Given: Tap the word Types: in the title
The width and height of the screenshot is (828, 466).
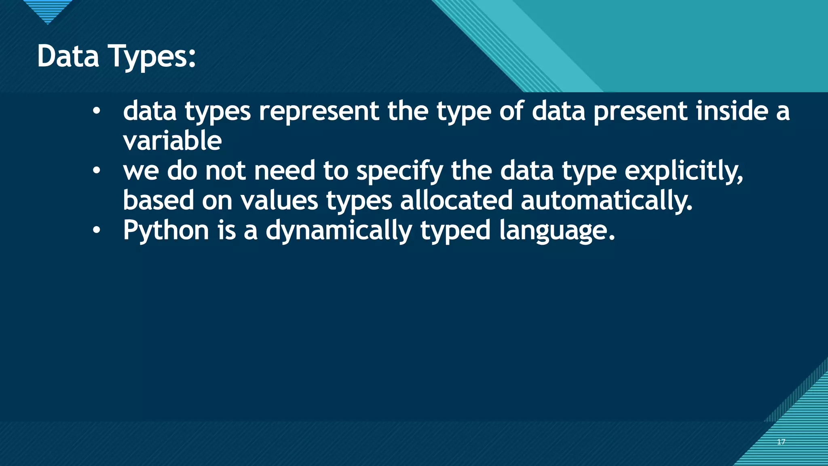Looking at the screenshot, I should [x=152, y=57].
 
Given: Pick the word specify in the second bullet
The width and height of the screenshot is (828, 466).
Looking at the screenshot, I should [x=399, y=171].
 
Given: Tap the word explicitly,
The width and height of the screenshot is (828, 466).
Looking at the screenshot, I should [x=684, y=171].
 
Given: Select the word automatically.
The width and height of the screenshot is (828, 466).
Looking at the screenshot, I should [x=606, y=201].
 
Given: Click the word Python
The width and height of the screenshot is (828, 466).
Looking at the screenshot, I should [x=166, y=231].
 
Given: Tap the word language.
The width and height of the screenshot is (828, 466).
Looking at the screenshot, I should [x=557, y=231].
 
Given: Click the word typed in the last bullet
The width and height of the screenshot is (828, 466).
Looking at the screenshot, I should [x=455, y=231].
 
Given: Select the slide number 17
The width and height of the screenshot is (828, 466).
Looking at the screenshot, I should [x=781, y=442].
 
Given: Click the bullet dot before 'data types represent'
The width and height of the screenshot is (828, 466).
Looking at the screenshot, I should [x=96, y=111].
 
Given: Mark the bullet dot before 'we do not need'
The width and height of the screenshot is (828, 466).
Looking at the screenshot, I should [x=96, y=171].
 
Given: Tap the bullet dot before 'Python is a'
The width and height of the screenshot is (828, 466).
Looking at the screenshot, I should [x=96, y=230].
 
